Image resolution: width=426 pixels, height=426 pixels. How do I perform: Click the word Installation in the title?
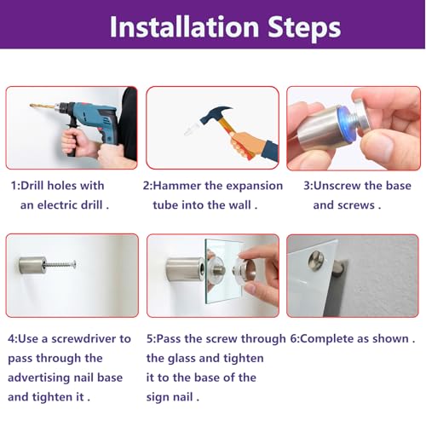pos(184,26)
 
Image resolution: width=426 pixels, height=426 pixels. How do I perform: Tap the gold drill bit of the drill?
pos(42,106)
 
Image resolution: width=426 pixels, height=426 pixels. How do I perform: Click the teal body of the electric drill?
pos(94,113)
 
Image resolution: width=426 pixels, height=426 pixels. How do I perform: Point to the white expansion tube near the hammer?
pos(192,130)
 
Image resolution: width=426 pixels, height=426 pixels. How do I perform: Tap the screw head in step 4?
pos(74,264)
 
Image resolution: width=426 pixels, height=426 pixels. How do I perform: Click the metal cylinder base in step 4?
pos(32,265)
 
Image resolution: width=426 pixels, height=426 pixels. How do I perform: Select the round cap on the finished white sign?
pos(316,260)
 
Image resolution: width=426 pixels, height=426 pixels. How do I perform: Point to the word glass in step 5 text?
pos(181,359)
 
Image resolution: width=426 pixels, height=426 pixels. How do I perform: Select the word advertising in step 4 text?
pos(39,378)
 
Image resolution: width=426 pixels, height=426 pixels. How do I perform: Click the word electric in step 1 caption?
pos(57,205)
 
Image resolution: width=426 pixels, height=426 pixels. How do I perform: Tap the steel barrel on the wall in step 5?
pos(185,268)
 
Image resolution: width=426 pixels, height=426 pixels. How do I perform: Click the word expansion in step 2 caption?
pos(254,187)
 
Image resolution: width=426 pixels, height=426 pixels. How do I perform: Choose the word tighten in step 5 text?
pos(244,359)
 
